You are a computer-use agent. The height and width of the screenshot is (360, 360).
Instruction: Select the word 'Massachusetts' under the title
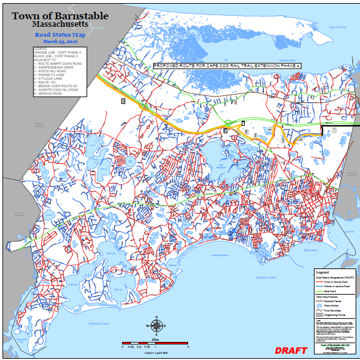(60, 25)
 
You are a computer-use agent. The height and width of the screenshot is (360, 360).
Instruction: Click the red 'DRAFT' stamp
(291, 351)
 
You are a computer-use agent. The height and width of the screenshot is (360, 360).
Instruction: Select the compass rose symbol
(156, 326)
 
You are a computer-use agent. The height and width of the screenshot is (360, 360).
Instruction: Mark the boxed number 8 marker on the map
(123, 100)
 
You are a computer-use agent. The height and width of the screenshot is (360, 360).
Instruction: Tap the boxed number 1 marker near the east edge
(334, 130)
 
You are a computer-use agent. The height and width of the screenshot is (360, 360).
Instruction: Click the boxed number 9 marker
(225, 130)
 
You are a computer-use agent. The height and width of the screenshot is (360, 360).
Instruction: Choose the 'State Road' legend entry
(331, 291)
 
